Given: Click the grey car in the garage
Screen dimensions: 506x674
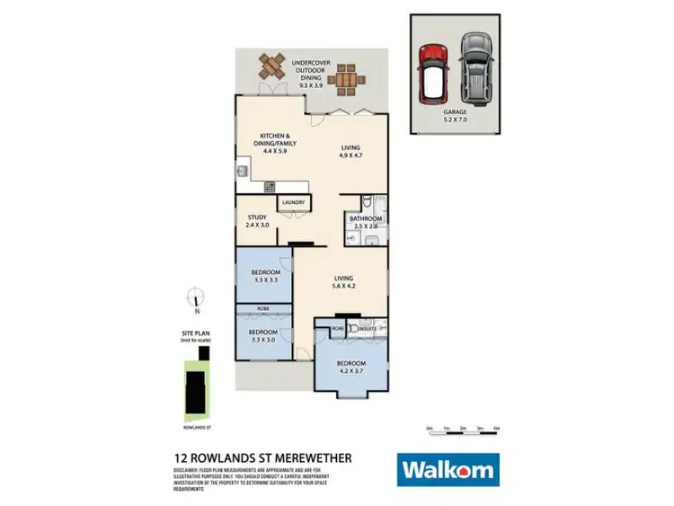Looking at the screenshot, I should (x=475, y=68).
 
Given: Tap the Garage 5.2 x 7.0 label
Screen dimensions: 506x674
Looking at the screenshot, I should (x=455, y=118).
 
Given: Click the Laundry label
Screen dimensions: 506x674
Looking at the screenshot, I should (x=293, y=203).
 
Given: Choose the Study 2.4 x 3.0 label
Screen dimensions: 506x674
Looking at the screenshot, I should (x=258, y=221).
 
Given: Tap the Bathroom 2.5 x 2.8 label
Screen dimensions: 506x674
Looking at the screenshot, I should (x=366, y=223).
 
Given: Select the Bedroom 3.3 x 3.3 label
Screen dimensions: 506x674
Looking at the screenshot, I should (x=265, y=276).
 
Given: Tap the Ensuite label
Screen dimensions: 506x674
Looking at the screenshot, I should (x=368, y=330).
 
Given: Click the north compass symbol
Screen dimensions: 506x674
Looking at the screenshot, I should (x=195, y=296).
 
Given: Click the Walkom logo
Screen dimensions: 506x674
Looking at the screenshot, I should (x=447, y=469).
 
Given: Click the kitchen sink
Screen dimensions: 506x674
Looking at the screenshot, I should (x=243, y=170).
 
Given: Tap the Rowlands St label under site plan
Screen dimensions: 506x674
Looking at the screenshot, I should (x=194, y=429).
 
